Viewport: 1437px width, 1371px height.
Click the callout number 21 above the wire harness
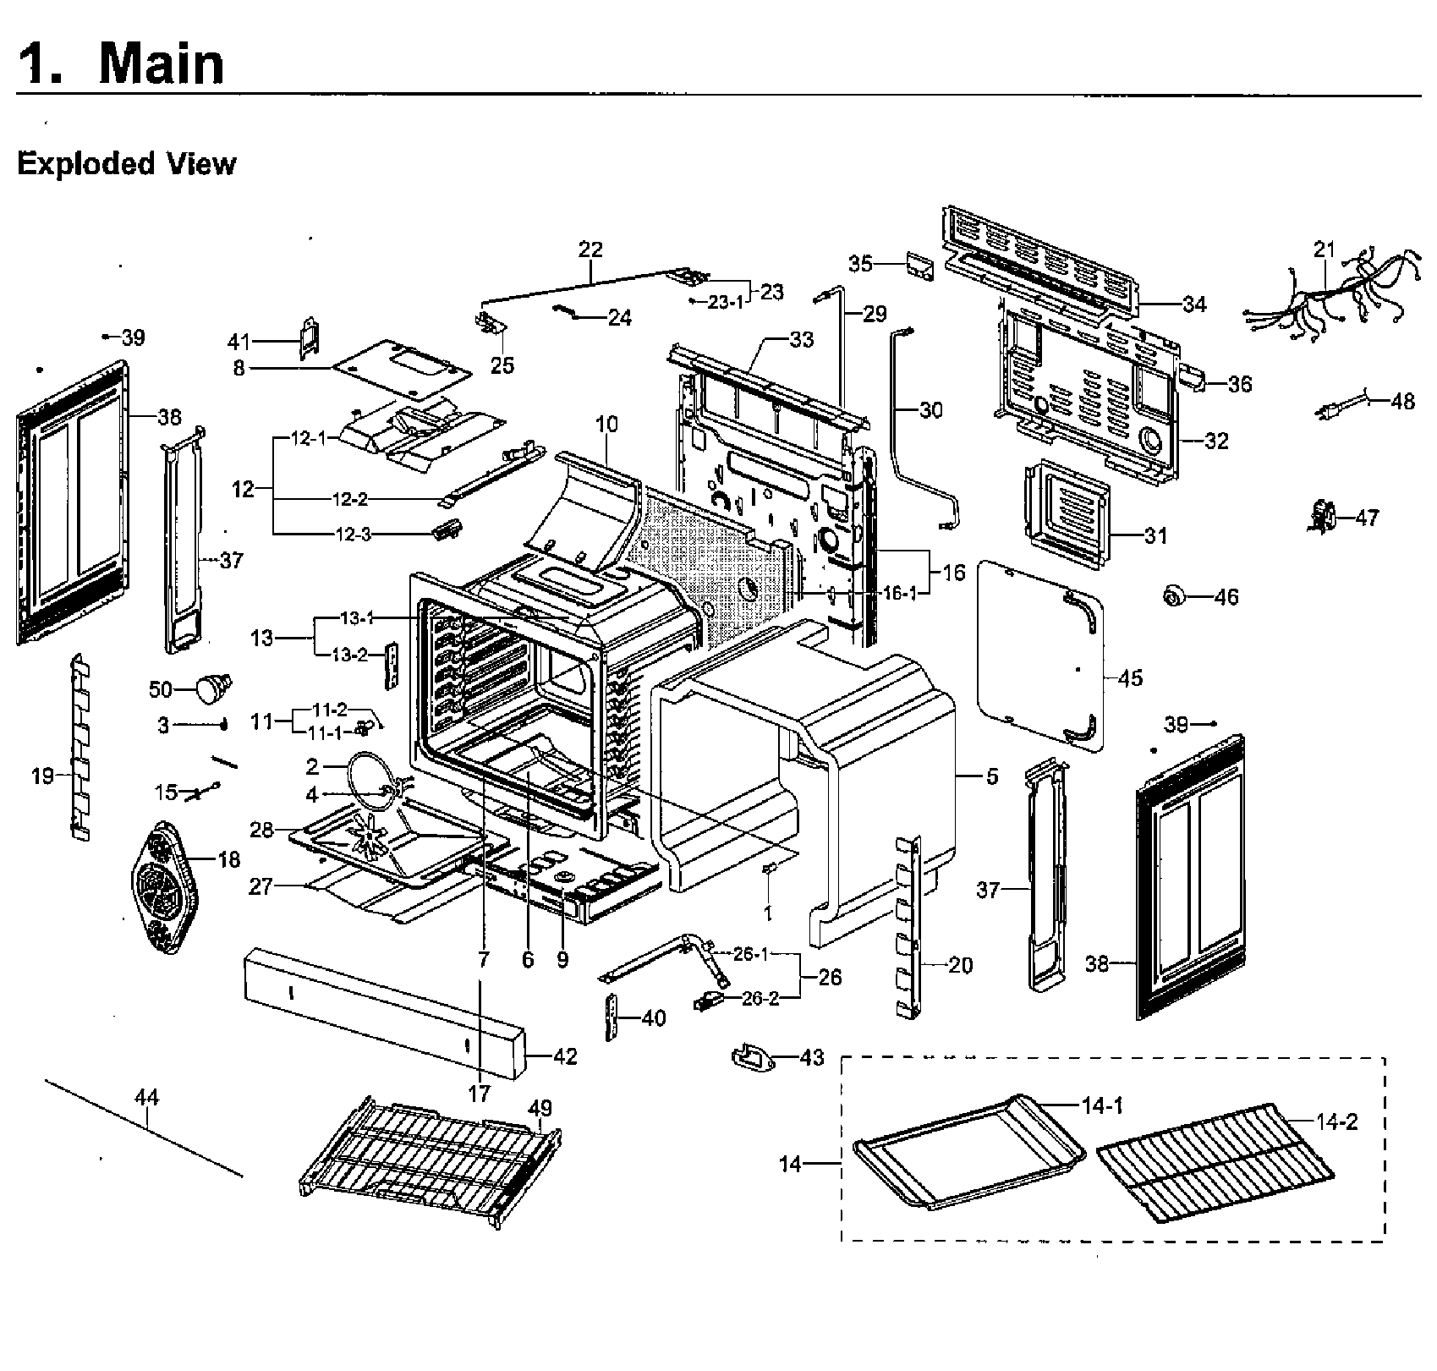point(1324,250)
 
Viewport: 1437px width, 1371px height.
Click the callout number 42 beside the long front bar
point(565,1056)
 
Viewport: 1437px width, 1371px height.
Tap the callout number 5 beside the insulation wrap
point(991,776)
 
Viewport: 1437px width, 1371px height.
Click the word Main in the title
point(161,63)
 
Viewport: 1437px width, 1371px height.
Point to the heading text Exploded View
point(126,163)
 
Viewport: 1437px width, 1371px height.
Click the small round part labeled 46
point(1174,597)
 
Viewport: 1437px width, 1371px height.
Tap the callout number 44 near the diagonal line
point(146,1098)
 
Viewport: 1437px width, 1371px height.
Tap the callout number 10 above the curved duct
point(606,424)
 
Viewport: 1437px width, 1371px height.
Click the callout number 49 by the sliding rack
point(540,1108)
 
